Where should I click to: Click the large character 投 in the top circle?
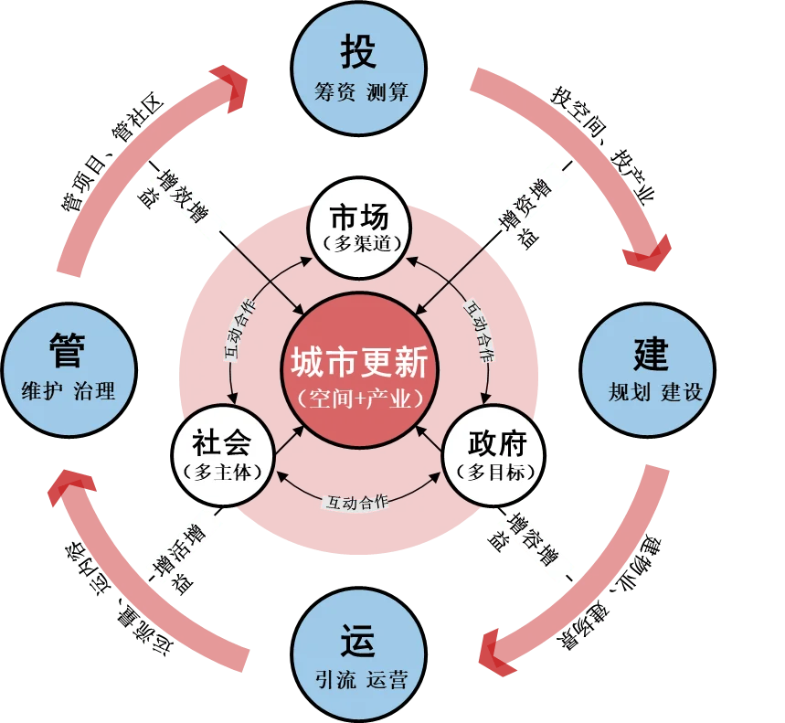(x=358, y=51)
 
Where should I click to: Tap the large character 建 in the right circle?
(x=651, y=354)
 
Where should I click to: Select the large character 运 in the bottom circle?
(x=358, y=641)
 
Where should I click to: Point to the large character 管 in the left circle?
(x=68, y=349)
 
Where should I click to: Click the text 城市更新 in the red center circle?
(x=359, y=362)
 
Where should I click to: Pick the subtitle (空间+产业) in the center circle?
(x=359, y=399)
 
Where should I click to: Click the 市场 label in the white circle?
(x=359, y=218)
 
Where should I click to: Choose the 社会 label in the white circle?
(x=222, y=443)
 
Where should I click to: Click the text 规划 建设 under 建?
(x=655, y=392)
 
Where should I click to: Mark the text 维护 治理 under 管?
(x=69, y=390)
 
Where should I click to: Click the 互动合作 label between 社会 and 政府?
(x=357, y=502)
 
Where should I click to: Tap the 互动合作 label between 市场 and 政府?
(x=480, y=331)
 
